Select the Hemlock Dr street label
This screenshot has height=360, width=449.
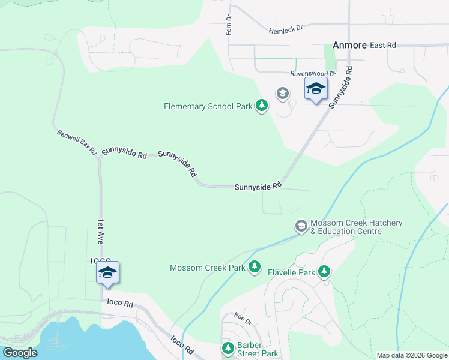(x=286, y=28)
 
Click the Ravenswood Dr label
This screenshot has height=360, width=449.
(x=313, y=73)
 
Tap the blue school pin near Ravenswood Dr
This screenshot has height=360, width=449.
(x=316, y=89)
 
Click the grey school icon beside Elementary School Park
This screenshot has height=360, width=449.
(x=282, y=94)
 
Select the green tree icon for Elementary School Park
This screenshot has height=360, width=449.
(x=261, y=106)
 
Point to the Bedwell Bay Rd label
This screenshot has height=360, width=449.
(x=77, y=142)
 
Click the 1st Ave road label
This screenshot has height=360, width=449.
(x=101, y=232)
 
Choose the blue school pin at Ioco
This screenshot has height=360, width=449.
(x=107, y=272)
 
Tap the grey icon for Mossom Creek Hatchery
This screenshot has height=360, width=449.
(x=301, y=226)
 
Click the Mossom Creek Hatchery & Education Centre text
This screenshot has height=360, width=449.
(x=356, y=227)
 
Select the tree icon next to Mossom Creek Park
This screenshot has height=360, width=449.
(x=255, y=266)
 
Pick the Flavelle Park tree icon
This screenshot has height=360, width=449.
(x=324, y=272)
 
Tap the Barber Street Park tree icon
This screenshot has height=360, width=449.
(x=228, y=348)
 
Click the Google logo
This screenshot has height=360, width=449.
(x=19, y=353)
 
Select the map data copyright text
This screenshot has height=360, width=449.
(x=412, y=355)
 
